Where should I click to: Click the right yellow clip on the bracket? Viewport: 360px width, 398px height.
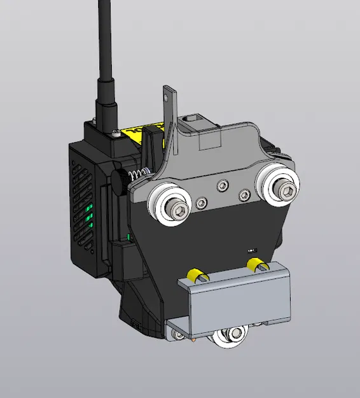(x=255, y=264)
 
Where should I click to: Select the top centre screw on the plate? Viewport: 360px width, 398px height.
(x=221, y=185)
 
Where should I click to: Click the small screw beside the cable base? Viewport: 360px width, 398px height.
(x=114, y=133)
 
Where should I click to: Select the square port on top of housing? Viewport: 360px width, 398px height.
(x=191, y=118)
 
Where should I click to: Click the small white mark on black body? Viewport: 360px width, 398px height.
(x=251, y=250)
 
